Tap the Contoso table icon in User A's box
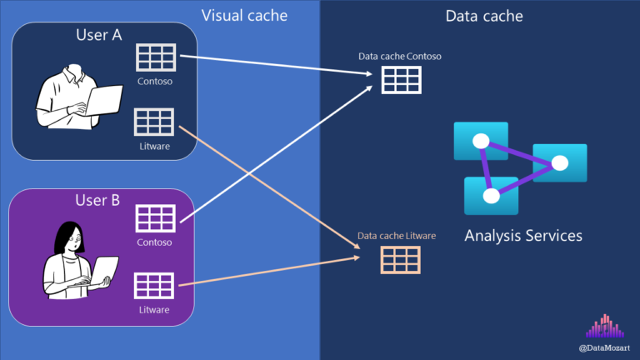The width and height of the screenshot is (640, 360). click(155, 57)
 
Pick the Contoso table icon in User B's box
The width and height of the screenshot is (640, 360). click(155, 219)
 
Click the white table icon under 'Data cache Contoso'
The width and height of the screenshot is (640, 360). click(402, 79)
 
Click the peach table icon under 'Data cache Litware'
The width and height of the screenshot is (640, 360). click(400, 260)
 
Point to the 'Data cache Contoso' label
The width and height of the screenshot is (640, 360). click(399, 56)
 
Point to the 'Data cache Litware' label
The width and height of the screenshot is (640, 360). click(397, 237)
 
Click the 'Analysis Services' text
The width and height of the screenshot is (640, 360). click(522, 236)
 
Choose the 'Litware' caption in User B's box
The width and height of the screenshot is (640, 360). click(154, 310)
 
